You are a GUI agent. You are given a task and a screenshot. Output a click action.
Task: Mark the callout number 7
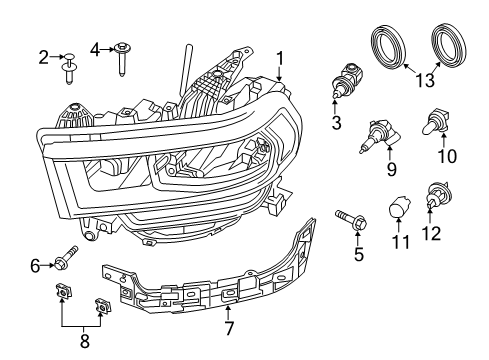[229, 327]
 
